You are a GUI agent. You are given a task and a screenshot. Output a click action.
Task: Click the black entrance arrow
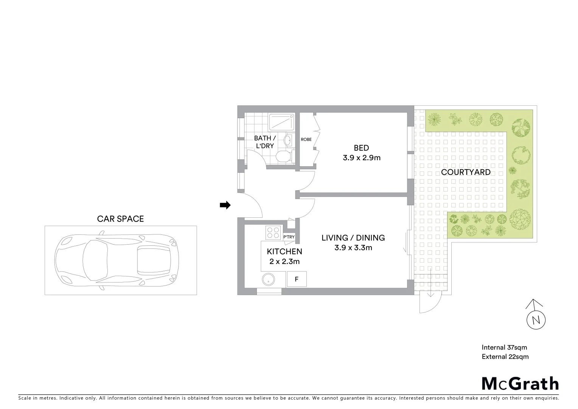coord(225,205)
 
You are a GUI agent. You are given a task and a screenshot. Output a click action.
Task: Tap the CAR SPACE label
coord(120,219)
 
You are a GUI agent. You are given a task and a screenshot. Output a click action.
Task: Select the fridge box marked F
coord(297,279)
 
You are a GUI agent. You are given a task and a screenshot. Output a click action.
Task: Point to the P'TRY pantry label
coord(289,237)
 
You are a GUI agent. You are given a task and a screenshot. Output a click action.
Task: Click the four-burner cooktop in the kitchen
coord(273,232)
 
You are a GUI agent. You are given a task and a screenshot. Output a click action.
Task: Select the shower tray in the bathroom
coord(281,122)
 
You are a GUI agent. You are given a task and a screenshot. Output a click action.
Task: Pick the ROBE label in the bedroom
coord(306,139)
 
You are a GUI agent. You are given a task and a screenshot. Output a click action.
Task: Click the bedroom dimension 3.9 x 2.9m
coord(361,158)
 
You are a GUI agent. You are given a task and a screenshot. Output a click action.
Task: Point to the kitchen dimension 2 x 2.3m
coord(284,261)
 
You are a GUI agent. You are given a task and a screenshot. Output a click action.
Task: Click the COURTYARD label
coord(466,172)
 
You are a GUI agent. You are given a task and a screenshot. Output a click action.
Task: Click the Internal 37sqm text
coord(504,347)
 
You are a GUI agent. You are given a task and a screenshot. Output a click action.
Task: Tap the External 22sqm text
coord(505,357)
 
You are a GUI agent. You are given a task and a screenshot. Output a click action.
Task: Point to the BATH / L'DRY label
coord(264,142)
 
